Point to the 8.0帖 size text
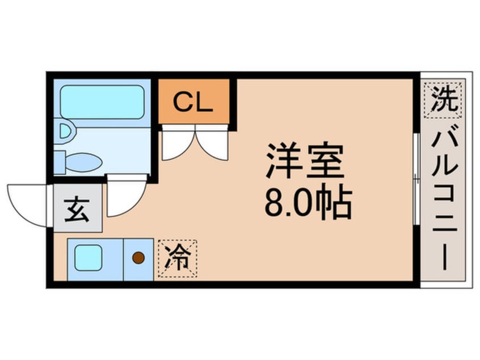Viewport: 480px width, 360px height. (308, 202)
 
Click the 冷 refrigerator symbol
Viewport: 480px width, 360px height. (178, 259)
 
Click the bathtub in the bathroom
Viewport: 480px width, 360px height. (102, 102)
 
